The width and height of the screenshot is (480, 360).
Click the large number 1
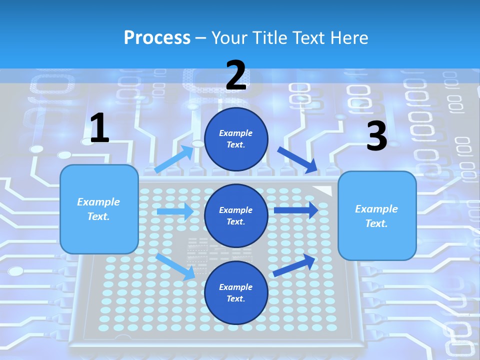point(99,128)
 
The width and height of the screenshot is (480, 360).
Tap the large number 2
point(235,75)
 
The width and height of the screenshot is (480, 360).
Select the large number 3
point(376,136)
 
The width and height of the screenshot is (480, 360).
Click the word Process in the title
point(157,37)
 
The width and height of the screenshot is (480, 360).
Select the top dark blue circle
point(236,139)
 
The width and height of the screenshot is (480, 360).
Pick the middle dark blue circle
point(236,215)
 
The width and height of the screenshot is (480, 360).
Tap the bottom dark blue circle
point(236,292)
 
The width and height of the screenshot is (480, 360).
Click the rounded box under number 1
point(99,209)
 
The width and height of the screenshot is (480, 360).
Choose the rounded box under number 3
point(377,215)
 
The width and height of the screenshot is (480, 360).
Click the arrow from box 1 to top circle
point(174,159)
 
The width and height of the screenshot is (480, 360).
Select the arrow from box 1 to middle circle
point(175,211)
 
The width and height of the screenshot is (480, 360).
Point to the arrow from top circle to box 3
point(297,160)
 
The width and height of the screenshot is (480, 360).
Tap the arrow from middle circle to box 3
point(296,210)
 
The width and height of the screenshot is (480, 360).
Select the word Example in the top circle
point(236,133)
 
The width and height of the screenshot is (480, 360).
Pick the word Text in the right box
point(376,223)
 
